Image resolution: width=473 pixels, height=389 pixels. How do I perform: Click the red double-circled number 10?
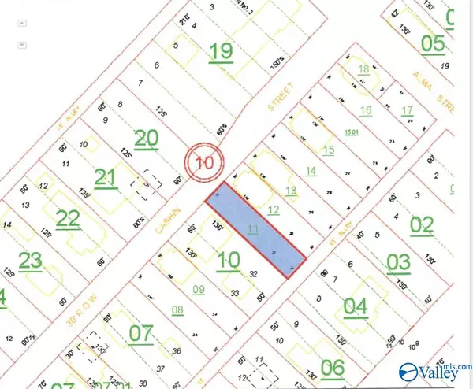click(205, 164)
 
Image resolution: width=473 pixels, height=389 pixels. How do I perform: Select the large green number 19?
click(222, 51)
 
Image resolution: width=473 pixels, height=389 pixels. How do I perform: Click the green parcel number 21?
click(105, 178)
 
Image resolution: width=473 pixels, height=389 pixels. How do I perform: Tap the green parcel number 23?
click(30, 260)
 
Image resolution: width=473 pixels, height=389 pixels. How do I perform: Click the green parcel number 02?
click(422, 224)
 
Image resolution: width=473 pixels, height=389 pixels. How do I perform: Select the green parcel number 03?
click(399, 262)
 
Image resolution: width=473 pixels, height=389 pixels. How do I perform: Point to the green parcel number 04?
click(356, 305)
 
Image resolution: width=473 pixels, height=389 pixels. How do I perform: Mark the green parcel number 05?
click(433, 43)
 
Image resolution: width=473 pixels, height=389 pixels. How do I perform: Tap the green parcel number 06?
click(333, 365)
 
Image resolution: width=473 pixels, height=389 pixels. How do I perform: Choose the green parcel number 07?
click(140, 333)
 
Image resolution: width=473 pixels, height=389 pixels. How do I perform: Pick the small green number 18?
click(363, 69)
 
